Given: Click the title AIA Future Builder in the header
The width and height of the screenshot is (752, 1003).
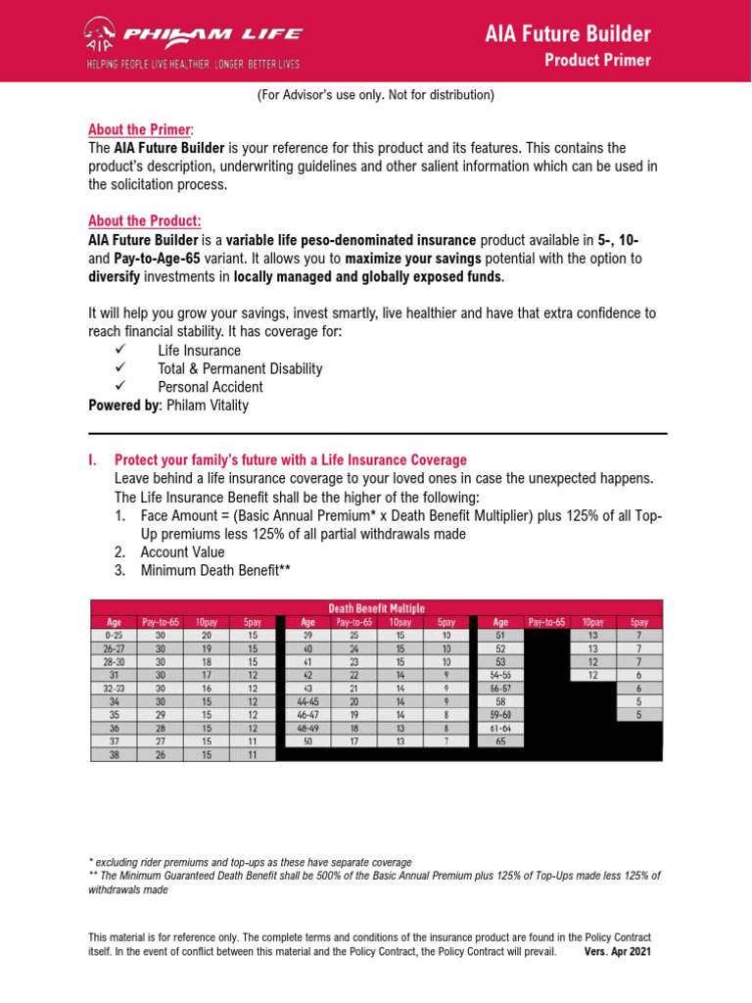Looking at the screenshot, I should pos(568,35).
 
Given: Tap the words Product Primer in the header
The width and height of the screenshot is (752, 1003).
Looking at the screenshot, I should pos(597,61).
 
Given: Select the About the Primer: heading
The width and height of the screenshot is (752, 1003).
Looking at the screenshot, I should pos(141,129).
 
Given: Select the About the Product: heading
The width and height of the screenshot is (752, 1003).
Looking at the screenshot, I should pos(145,221).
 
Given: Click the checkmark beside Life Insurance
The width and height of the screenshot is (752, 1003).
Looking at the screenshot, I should pos(122,350).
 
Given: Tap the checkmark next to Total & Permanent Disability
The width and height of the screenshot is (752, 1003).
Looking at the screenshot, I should pos(122,368).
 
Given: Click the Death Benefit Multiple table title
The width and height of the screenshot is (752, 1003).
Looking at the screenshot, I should pos(376,607).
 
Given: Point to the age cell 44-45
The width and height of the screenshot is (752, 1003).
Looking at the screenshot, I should pos(307,702).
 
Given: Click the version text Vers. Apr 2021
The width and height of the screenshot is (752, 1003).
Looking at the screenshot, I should pos(617,951).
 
